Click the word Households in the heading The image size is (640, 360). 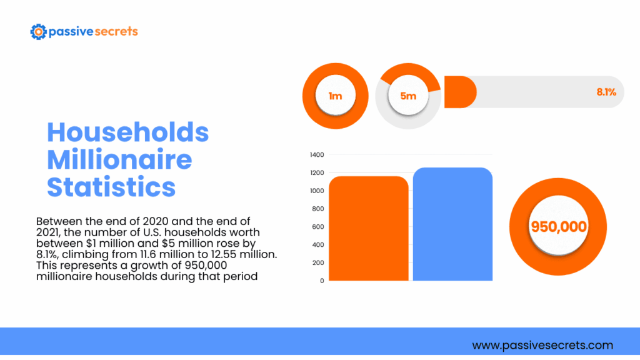tap(128, 132)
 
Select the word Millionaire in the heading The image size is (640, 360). tap(119, 160)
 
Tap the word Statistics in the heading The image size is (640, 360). tap(111, 187)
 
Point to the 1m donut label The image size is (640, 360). tap(335, 96)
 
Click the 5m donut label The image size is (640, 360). tap(408, 96)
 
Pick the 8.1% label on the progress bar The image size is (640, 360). tap(606, 92)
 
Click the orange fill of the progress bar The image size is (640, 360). tap(460, 92)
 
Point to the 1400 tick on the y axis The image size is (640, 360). tap(317, 154)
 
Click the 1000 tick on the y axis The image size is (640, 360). tap(317, 191)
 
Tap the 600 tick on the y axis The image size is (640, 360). tap(318, 227)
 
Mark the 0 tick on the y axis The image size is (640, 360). tap(321, 281)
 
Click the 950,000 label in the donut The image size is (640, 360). tap(559, 226)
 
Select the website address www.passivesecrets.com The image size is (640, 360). tap(542, 345)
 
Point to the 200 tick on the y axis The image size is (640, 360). tap(318, 262)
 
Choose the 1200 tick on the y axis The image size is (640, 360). tap(317, 172)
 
